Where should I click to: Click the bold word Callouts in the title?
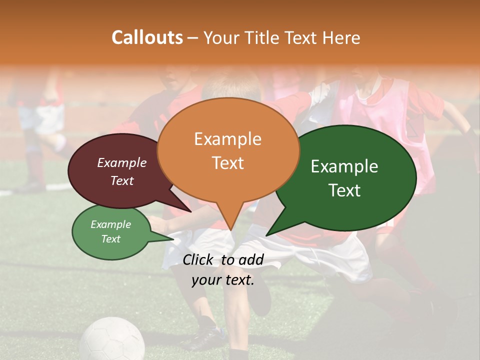pyautogui.click(x=147, y=37)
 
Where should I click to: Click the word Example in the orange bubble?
pyautogui.click(x=227, y=139)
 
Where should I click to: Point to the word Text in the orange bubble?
pyautogui.click(x=227, y=163)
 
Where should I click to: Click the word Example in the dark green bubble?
pyautogui.click(x=344, y=166)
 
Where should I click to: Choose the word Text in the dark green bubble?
pyautogui.click(x=344, y=190)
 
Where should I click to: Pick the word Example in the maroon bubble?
pyautogui.click(x=122, y=162)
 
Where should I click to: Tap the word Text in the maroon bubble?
pyautogui.click(x=122, y=180)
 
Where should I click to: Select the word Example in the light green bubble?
pyautogui.click(x=110, y=224)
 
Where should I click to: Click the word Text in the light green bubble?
pyautogui.click(x=110, y=239)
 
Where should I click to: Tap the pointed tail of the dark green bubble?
pyautogui.click(x=270, y=232)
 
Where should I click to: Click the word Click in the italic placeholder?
pyautogui.click(x=198, y=259)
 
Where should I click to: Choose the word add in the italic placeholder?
pyautogui.click(x=251, y=259)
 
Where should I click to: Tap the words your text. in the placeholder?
pyautogui.click(x=223, y=280)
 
